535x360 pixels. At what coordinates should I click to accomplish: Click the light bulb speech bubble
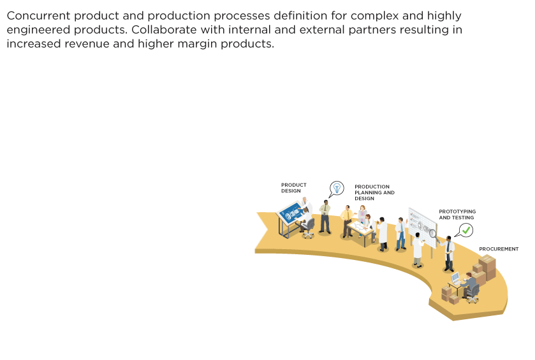[x=336, y=188]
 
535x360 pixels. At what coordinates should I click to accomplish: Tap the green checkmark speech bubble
[x=466, y=229]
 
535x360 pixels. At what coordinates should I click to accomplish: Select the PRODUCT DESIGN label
[x=294, y=188]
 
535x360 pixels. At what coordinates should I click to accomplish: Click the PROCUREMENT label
[x=499, y=249]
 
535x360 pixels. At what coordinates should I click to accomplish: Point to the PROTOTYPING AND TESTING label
[x=457, y=214]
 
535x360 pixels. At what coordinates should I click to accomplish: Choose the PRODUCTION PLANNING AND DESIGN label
[x=374, y=192]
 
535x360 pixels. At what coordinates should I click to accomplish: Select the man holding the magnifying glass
[x=448, y=252]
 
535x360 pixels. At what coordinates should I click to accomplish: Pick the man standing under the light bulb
[x=325, y=215]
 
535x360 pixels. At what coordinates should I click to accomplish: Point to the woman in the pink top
[x=362, y=215]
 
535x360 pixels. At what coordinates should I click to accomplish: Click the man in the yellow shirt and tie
[x=347, y=220]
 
